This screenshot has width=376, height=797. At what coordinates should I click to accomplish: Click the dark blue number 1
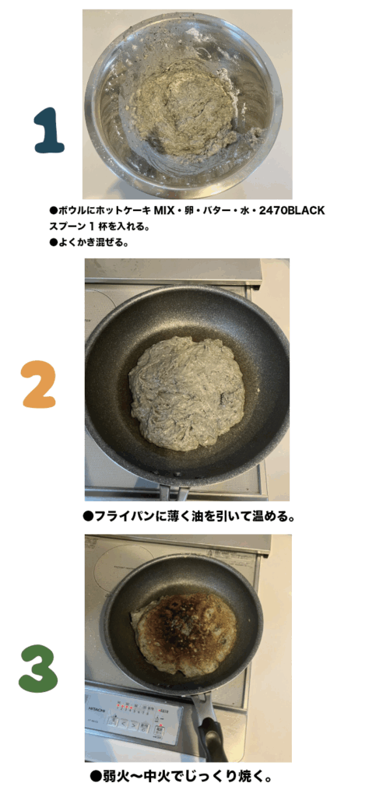[49, 130]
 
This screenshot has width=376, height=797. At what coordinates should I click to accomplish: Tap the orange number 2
[39, 384]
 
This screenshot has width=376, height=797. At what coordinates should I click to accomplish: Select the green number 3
[38, 669]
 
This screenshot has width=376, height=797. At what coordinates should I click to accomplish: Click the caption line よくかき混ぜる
[91, 243]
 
